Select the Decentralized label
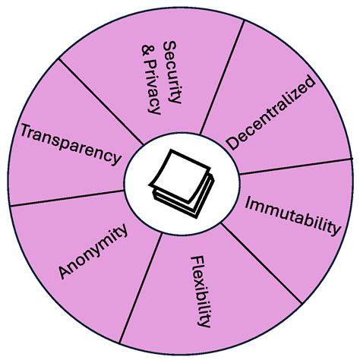[271, 112]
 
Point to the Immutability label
[293, 216]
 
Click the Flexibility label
[201, 292]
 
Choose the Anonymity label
[93, 251]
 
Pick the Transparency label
[71, 144]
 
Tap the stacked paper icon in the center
[182, 184]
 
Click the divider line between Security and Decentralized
[222, 77]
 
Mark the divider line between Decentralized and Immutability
[296, 166]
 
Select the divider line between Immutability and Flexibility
[261, 264]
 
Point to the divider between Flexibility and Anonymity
[141, 288]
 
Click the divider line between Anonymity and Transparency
[67, 198]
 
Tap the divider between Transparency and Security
[101, 102]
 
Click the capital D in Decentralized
[233, 142]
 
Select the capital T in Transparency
[27, 131]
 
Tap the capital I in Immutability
[248, 203]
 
